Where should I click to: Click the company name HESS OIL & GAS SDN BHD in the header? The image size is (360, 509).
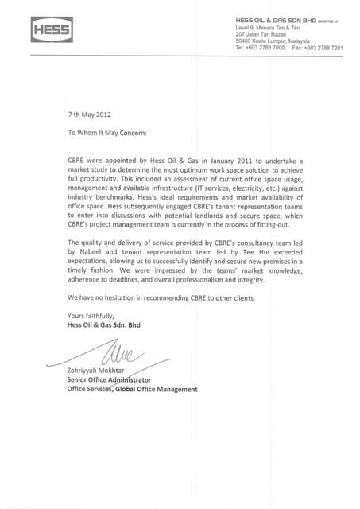coord(277,20)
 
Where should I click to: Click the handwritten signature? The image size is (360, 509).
coord(114,349)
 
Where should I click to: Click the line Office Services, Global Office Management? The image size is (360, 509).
coord(132,390)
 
